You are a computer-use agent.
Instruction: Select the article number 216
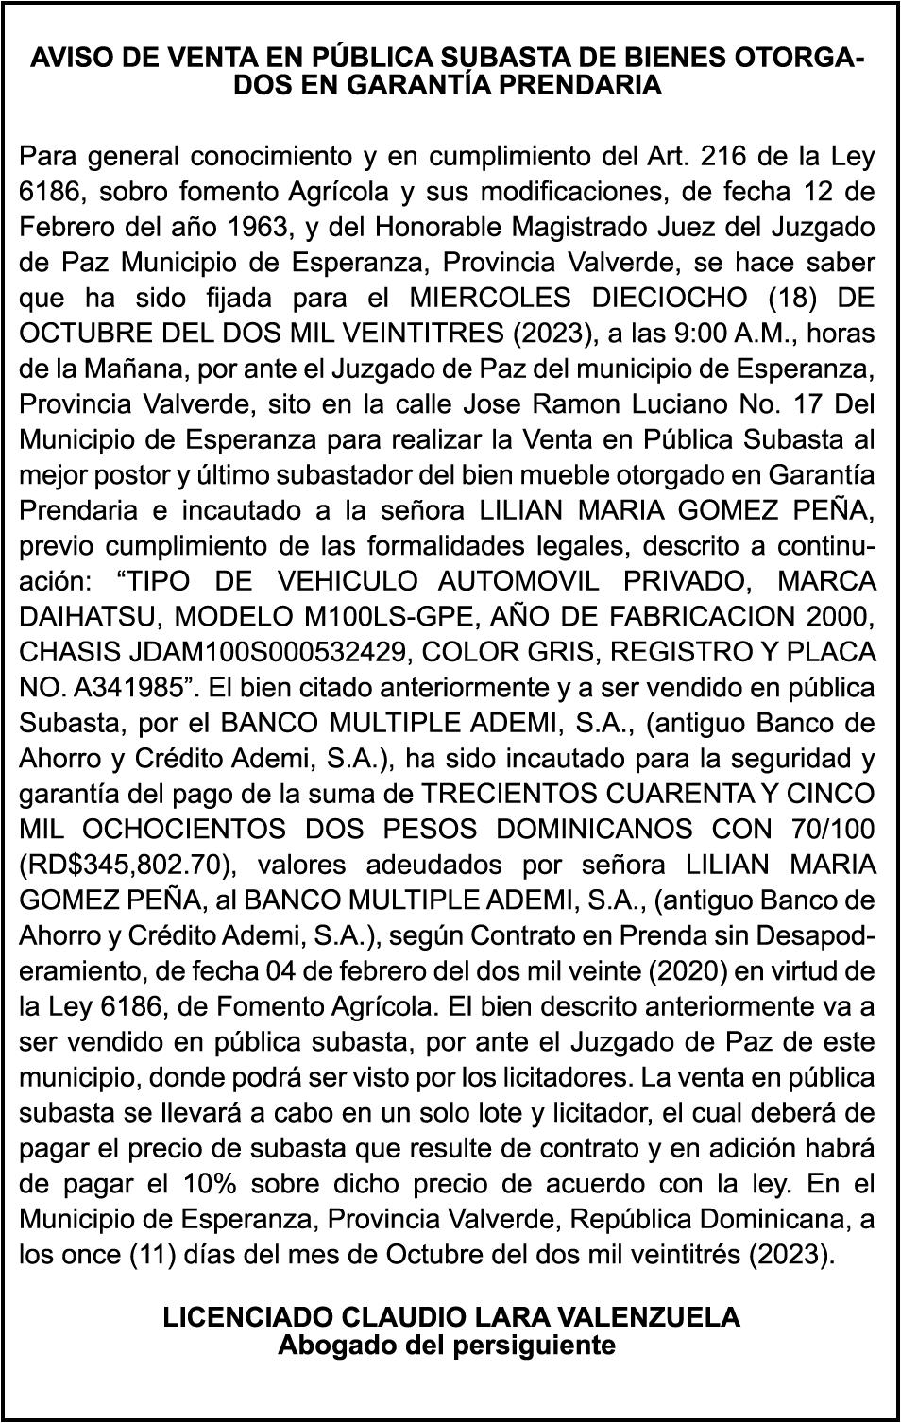click(726, 156)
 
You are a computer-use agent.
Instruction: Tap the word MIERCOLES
click(490, 298)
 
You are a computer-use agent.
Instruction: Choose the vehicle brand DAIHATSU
click(81, 617)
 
